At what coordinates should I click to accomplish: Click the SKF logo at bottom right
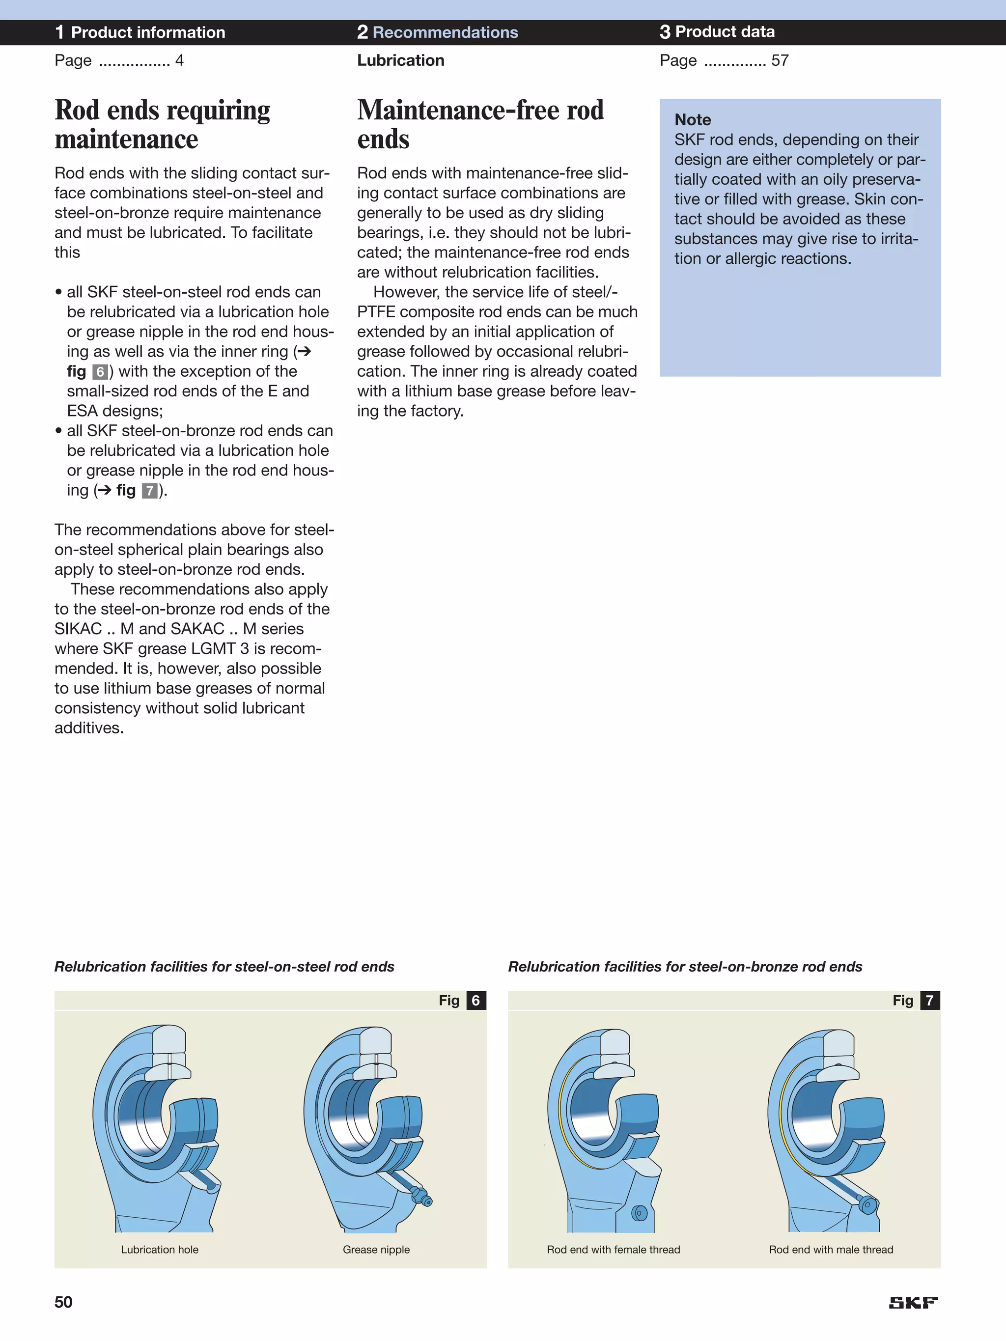coord(913,1303)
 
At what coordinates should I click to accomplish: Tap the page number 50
coord(64,1302)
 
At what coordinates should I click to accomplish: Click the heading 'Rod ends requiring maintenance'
coord(163,124)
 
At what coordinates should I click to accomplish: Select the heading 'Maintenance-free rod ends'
coord(480,124)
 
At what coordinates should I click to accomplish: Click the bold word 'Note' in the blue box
coord(693,119)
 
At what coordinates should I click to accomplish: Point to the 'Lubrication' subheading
coord(400,60)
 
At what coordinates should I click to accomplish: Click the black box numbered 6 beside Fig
coord(476,1000)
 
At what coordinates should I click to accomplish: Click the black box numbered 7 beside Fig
coord(929,1000)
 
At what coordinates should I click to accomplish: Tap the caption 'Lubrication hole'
coord(160,1250)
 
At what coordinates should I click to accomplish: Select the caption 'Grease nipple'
coord(376,1250)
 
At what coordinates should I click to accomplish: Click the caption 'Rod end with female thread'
coord(613,1250)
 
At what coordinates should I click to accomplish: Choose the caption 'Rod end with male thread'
coord(831,1250)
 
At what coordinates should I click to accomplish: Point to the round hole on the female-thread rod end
coord(639,1213)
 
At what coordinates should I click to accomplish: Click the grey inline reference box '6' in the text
coord(100,372)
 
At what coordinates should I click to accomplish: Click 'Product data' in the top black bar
coord(725,32)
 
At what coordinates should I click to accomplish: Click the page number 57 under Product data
coord(780,60)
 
